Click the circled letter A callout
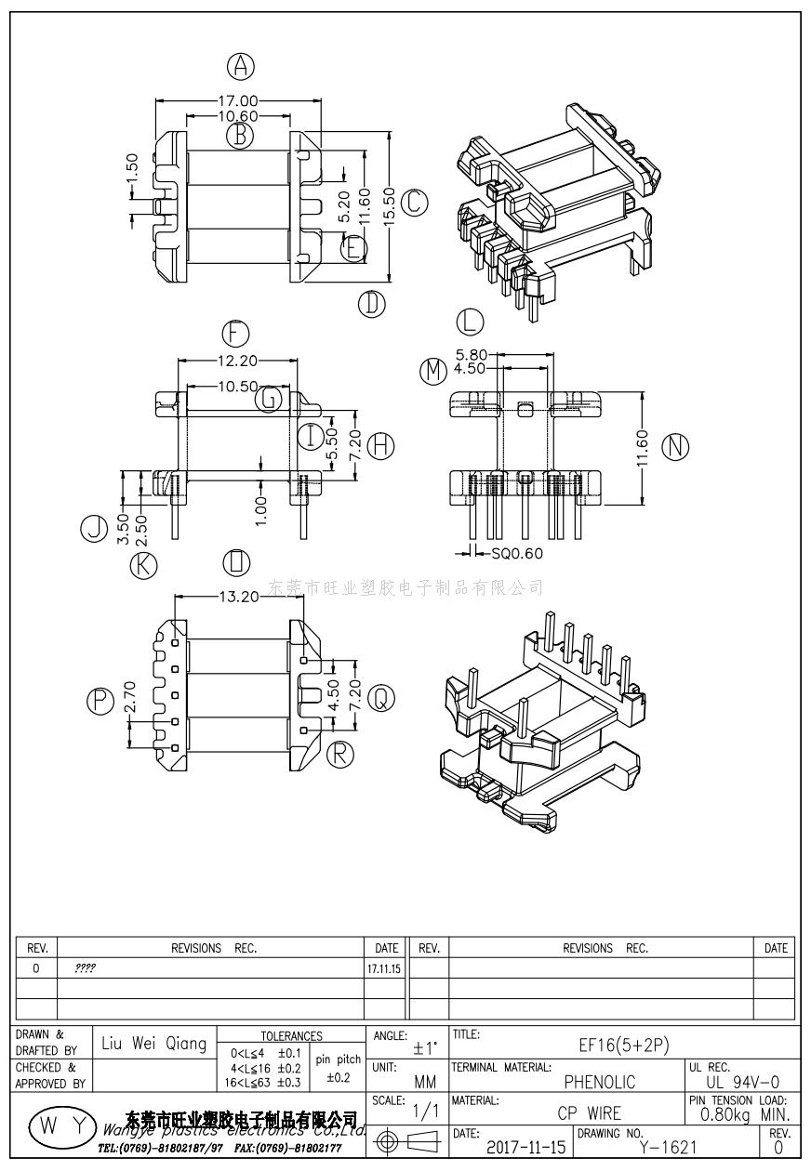241,66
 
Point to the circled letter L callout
471,322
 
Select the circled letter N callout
675,447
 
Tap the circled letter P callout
100,702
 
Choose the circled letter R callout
342,752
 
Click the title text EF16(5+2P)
624,1045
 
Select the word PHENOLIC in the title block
600,1082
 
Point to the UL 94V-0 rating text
742,1082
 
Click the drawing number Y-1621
668,1149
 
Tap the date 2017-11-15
525,1149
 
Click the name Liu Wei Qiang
154,1044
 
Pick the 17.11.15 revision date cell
384,968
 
